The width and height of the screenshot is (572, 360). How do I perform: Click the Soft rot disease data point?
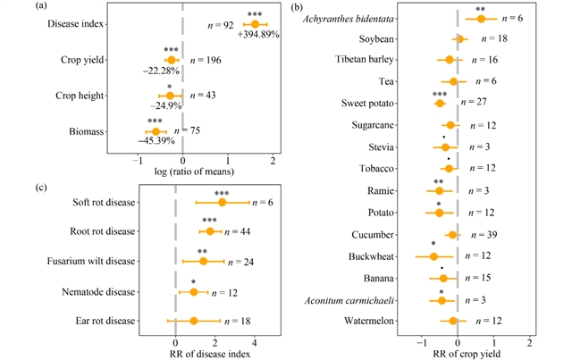223,202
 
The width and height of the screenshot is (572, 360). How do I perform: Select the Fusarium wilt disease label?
92,262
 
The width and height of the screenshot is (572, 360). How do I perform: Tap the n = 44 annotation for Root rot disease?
246,232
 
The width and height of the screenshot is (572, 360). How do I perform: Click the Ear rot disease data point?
193,321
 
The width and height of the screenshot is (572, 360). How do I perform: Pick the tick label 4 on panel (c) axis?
256,340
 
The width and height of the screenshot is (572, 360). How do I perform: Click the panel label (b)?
305,8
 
